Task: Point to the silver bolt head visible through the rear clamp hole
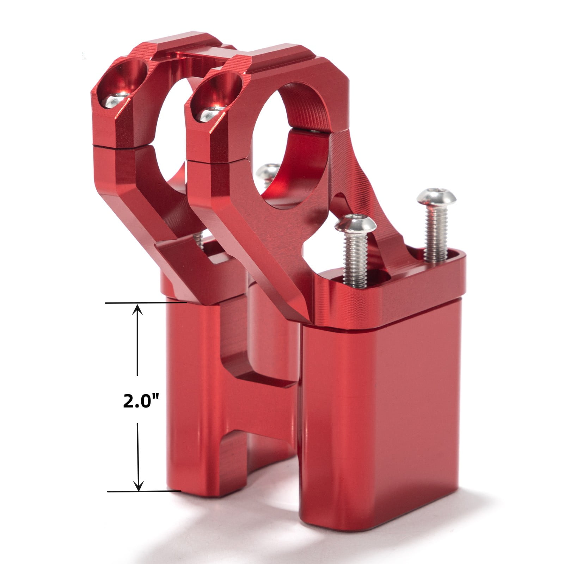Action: tap(268, 171)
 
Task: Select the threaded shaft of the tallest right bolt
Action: tap(436, 233)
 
